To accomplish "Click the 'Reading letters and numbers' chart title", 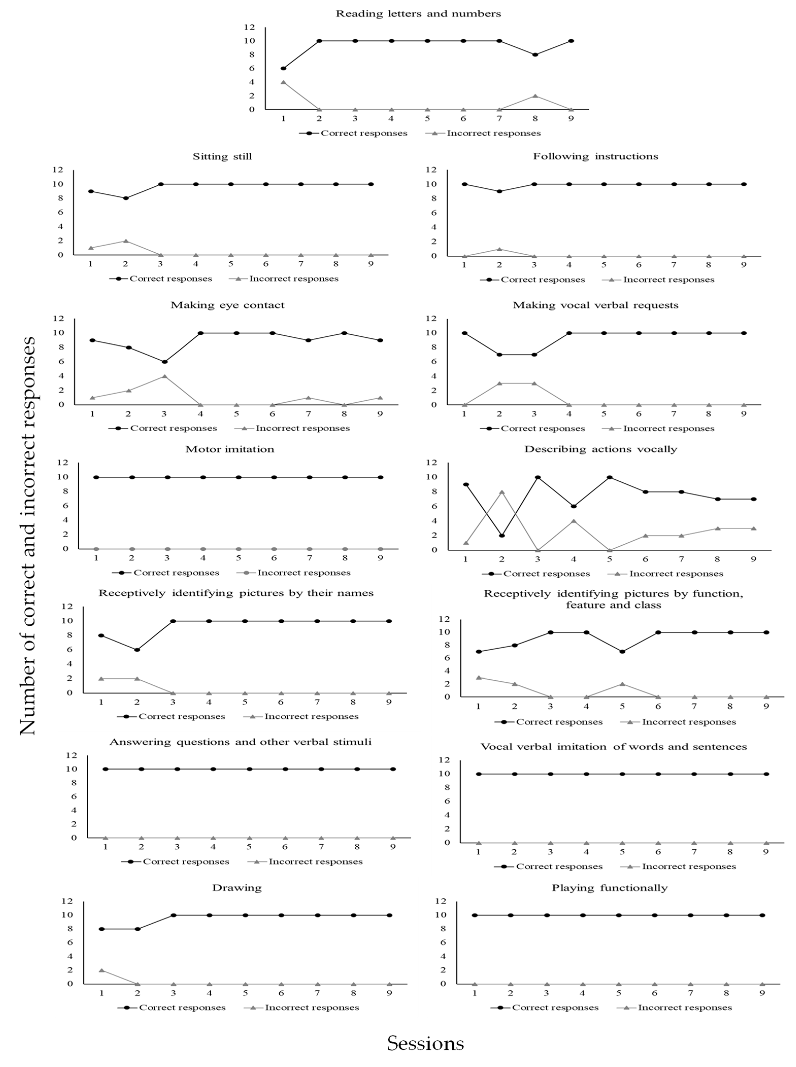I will [418, 13].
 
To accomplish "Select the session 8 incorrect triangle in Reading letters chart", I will [535, 96].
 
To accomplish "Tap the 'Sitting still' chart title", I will [222, 157].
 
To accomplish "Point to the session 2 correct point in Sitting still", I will [126, 198].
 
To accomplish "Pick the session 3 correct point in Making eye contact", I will [164, 362].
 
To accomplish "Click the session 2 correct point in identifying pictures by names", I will [137, 650].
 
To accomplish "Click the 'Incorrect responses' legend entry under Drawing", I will [312, 1007].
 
